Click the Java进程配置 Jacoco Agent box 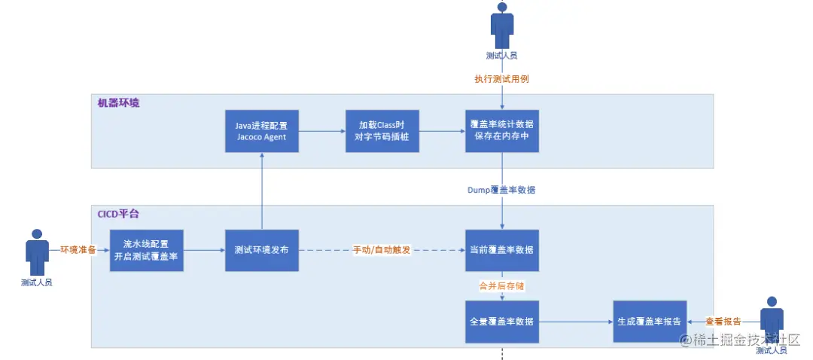262,131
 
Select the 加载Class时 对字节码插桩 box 382,131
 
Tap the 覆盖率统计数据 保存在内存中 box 502,131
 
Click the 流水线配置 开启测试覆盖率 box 147,250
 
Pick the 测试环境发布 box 262,250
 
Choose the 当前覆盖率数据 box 502,250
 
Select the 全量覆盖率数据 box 502,321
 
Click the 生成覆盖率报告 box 650,321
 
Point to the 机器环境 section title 118,102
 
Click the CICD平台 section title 119,214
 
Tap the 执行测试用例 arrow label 502,78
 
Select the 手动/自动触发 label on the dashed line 382,250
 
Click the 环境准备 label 78,250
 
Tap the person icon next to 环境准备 36,252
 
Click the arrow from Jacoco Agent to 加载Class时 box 322,131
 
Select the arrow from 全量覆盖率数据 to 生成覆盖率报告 576,321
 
